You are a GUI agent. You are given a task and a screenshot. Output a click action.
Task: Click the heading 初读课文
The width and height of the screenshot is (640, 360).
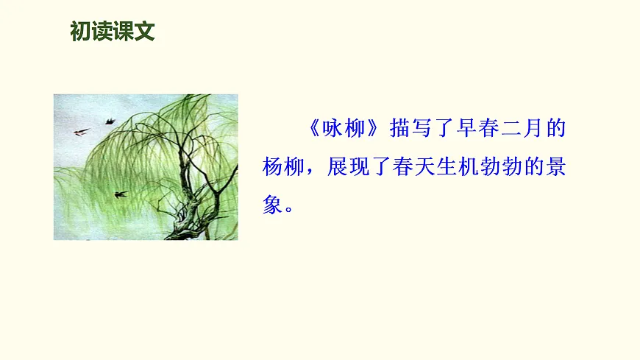click(113, 32)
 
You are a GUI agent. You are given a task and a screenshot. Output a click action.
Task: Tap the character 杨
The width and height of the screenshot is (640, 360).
click(274, 167)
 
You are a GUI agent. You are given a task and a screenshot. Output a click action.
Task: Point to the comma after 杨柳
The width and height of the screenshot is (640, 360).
click(316, 171)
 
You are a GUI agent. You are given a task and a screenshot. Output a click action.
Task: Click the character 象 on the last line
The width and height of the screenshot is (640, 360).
click(274, 205)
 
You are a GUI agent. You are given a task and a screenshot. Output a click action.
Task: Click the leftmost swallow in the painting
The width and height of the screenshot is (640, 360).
click(81, 132)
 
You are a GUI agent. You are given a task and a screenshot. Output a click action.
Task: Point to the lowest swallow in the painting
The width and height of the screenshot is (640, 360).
click(120, 194)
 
